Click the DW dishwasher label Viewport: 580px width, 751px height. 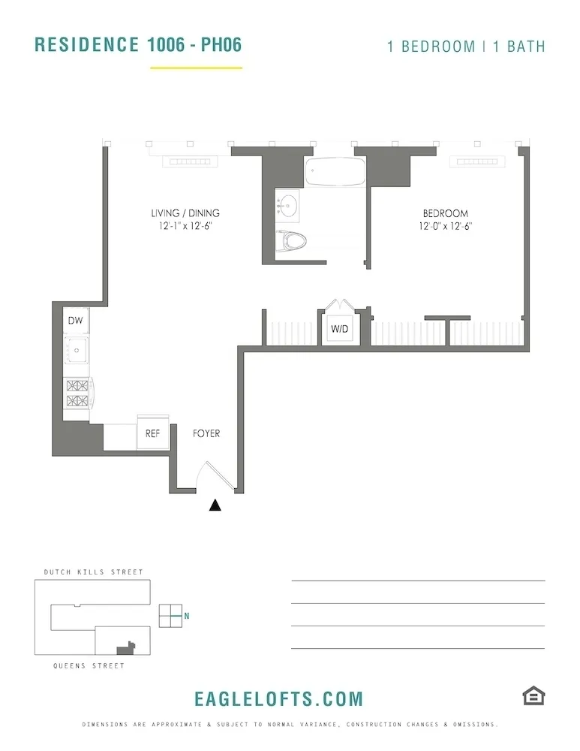pyautogui.click(x=75, y=321)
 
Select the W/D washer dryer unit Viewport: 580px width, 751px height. pyautogui.click(x=339, y=329)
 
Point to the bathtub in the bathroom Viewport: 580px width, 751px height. pyautogui.click(x=334, y=173)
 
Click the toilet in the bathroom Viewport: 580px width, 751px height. pyautogui.click(x=293, y=241)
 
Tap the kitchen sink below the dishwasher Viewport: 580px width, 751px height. pyautogui.click(x=76, y=349)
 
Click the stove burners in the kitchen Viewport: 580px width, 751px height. pyautogui.click(x=77, y=394)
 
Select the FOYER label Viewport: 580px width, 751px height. pyautogui.click(x=206, y=433)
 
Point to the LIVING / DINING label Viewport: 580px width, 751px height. pyautogui.click(x=185, y=213)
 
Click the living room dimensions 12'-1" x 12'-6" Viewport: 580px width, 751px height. pyautogui.click(x=185, y=225)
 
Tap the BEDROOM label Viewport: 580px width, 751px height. pyautogui.click(x=445, y=213)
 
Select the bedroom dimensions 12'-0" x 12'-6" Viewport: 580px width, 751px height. pyautogui.click(x=445, y=225)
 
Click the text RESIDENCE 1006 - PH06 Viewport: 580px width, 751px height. pyautogui.click(x=138, y=44)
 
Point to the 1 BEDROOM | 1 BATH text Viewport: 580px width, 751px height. pyautogui.click(x=466, y=46)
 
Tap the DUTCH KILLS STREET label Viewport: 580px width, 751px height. pyautogui.click(x=89, y=572)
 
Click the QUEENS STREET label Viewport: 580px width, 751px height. pyautogui.click(x=89, y=665)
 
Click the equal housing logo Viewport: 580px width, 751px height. pyautogui.click(x=533, y=696)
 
